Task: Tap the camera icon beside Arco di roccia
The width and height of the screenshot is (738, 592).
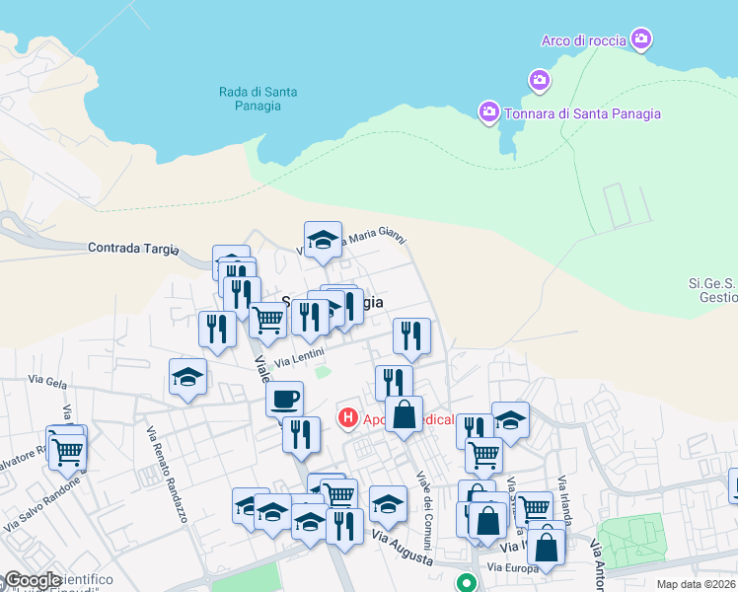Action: (x=641, y=39)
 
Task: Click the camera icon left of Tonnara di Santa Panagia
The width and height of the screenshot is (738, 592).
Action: (x=488, y=113)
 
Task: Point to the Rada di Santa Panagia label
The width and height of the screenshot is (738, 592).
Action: (x=258, y=100)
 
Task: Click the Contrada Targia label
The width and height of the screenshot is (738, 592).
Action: (x=129, y=248)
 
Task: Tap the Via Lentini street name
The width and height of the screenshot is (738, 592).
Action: (x=299, y=362)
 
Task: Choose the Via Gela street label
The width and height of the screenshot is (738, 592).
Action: (x=46, y=380)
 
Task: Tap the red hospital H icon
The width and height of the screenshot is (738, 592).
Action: (x=347, y=418)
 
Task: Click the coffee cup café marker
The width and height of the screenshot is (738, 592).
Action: (x=284, y=399)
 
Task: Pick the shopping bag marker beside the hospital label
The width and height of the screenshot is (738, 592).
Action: (x=404, y=414)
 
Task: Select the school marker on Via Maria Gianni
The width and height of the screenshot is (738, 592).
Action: (x=323, y=240)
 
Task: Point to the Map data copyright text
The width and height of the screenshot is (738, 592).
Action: (x=697, y=584)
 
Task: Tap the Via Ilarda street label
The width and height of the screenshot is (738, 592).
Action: (x=563, y=502)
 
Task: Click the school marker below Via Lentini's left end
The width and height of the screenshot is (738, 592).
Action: (x=187, y=378)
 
